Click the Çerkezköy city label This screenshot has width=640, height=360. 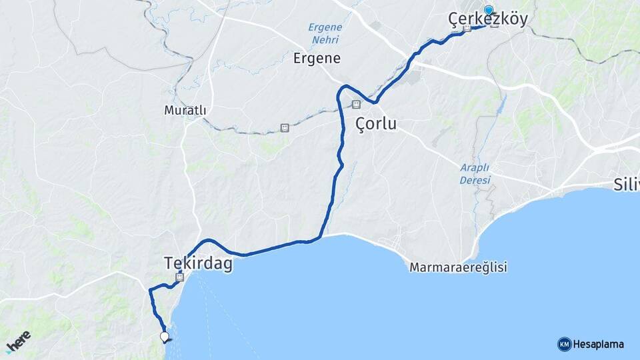point(489,19)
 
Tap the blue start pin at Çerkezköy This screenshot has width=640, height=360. point(489,10)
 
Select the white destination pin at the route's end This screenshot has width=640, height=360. point(164,337)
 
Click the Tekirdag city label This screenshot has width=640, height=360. point(199,264)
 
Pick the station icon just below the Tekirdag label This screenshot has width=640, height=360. point(179,277)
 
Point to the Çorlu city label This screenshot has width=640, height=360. point(376,124)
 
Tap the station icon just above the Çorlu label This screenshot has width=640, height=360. point(356,105)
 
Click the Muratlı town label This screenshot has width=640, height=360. point(185,110)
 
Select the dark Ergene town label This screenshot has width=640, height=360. point(317,58)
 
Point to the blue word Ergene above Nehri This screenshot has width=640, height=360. point(325,27)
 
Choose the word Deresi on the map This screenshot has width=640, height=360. point(475,181)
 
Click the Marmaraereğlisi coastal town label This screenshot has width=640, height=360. point(459,267)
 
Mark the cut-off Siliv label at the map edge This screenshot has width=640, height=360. point(627,185)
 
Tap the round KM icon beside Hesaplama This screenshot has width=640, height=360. point(564,344)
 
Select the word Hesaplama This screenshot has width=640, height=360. point(598,344)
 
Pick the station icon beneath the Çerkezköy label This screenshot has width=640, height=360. point(467,30)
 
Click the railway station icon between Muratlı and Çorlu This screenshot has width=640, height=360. point(285,127)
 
